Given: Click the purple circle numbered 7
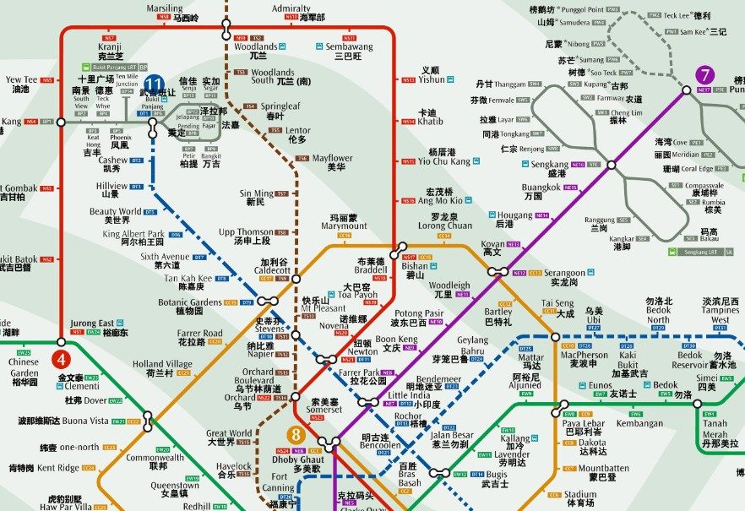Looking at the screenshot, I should pyautogui.click(x=705, y=75).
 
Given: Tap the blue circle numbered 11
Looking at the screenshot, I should pyautogui.click(x=154, y=84).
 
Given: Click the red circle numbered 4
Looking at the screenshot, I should pyautogui.click(x=60, y=343).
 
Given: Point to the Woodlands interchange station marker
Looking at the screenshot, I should pyautogui.click(x=226, y=32).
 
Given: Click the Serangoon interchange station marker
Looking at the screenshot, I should pyautogui.click(x=498, y=272).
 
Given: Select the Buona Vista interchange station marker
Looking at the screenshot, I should pyautogui.click(x=147, y=418).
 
